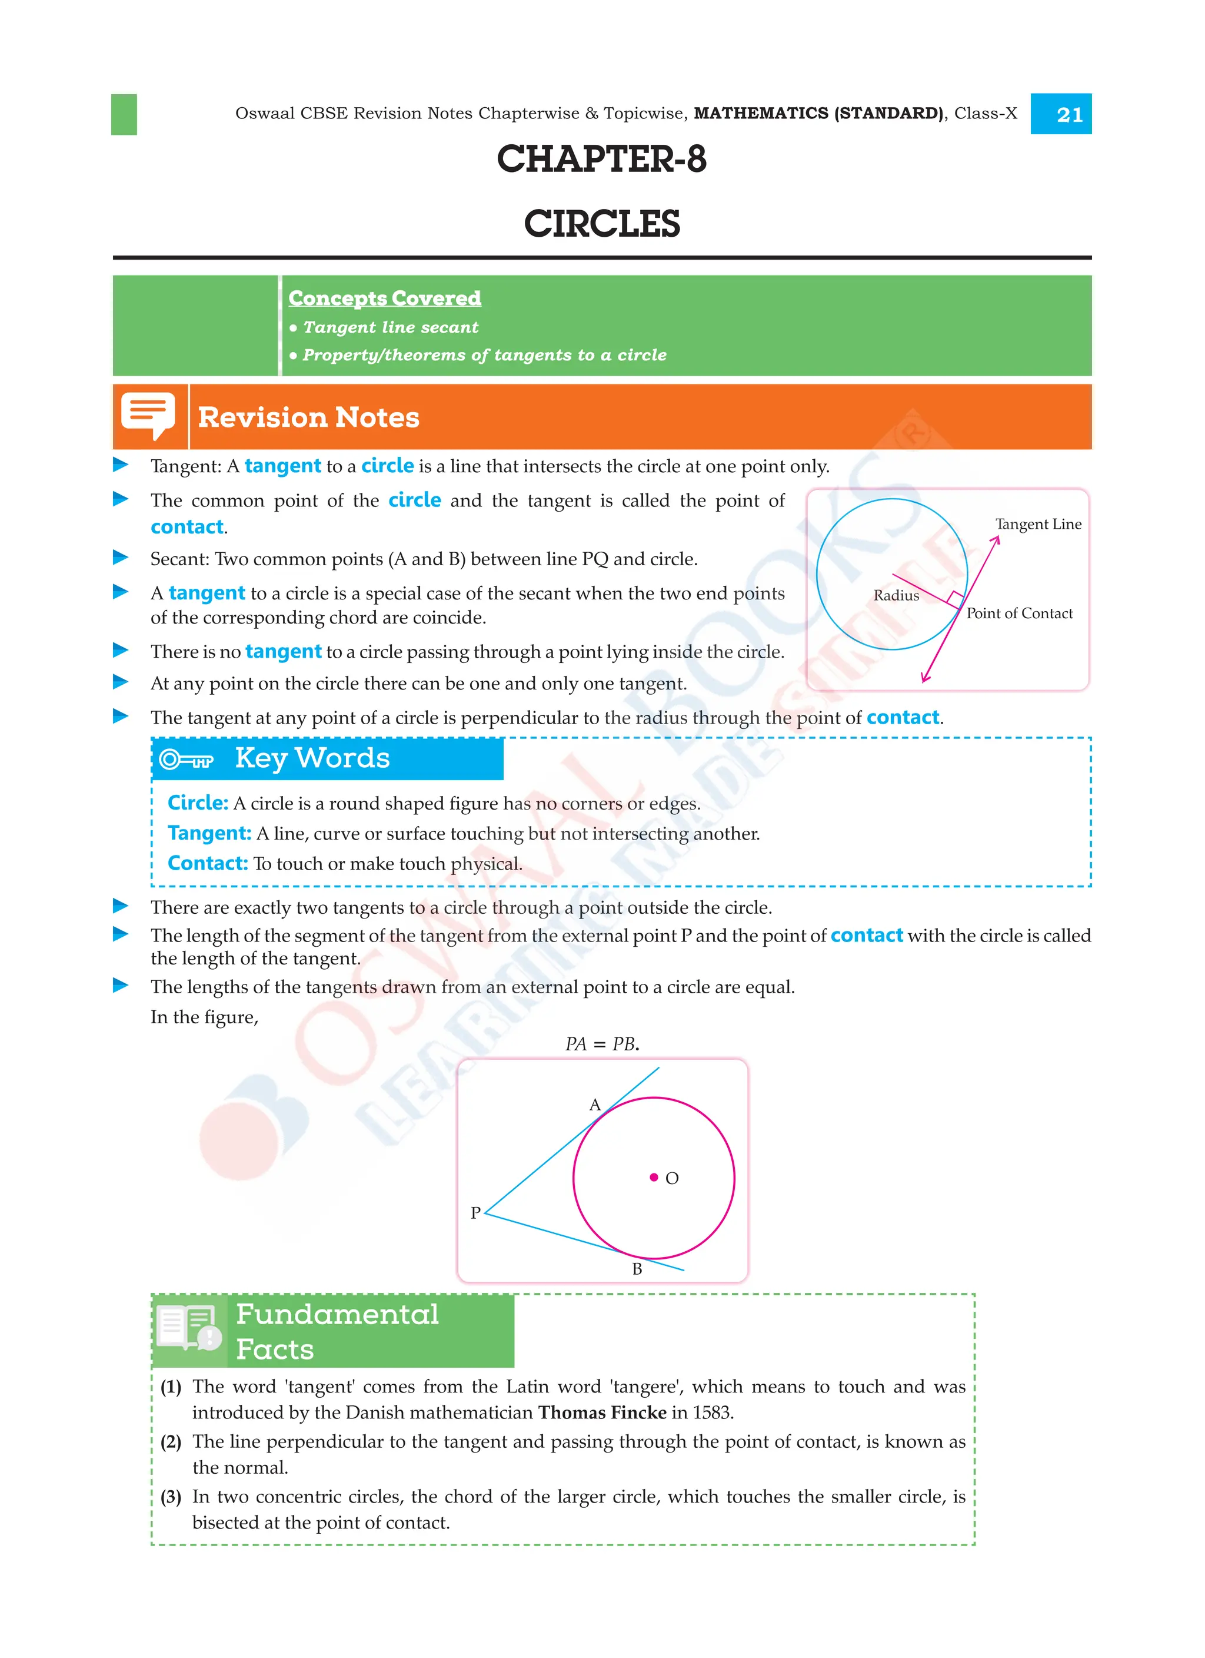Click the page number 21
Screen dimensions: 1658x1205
pyautogui.click(x=1069, y=115)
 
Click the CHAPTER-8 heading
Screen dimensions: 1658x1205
pyautogui.click(x=601, y=160)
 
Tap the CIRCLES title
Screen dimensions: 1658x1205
pyautogui.click(x=601, y=224)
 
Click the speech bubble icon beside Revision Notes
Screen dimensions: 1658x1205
pyautogui.click(x=148, y=415)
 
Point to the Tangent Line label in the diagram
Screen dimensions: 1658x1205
pyautogui.click(x=1038, y=524)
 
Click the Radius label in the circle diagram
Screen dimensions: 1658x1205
pyautogui.click(x=896, y=595)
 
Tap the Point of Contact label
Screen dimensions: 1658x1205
pyautogui.click(x=1020, y=614)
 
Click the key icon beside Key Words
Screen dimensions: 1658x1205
pyautogui.click(x=187, y=760)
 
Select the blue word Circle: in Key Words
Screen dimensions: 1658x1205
pyautogui.click(x=197, y=803)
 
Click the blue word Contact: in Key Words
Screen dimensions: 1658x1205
pyautogui.click(x=208, y=863)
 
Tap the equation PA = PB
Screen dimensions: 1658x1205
pyautogui.click(x=601, y=1044)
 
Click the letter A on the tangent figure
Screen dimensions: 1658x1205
pyautogui.click(x=595, y=1105)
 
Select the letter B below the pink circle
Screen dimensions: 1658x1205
pyautogui.click(x=637, y=1269)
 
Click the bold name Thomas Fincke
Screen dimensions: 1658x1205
pyautogui.click(x=602, y=1412)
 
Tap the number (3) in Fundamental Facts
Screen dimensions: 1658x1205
pyautogui.click(x=171, y=1497)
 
